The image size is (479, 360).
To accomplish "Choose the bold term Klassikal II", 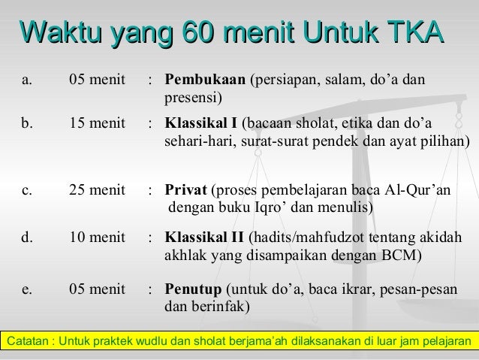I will point(203,237).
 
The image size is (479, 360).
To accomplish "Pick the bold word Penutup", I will point(193,289).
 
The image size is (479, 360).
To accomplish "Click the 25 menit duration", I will point(97,190).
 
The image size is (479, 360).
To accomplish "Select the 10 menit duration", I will point(97,237).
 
